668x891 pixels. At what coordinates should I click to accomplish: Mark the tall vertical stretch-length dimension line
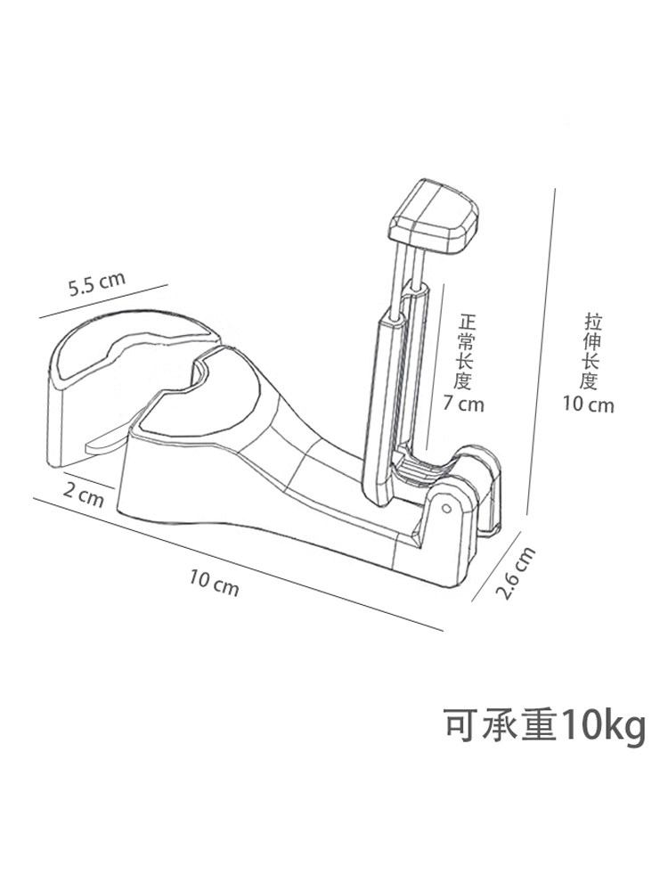(542, 356)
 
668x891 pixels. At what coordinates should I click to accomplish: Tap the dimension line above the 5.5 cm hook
(102, 300)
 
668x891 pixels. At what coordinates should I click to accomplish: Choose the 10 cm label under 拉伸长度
(589, 405)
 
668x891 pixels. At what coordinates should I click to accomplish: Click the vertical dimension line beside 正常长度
(434, 374)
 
